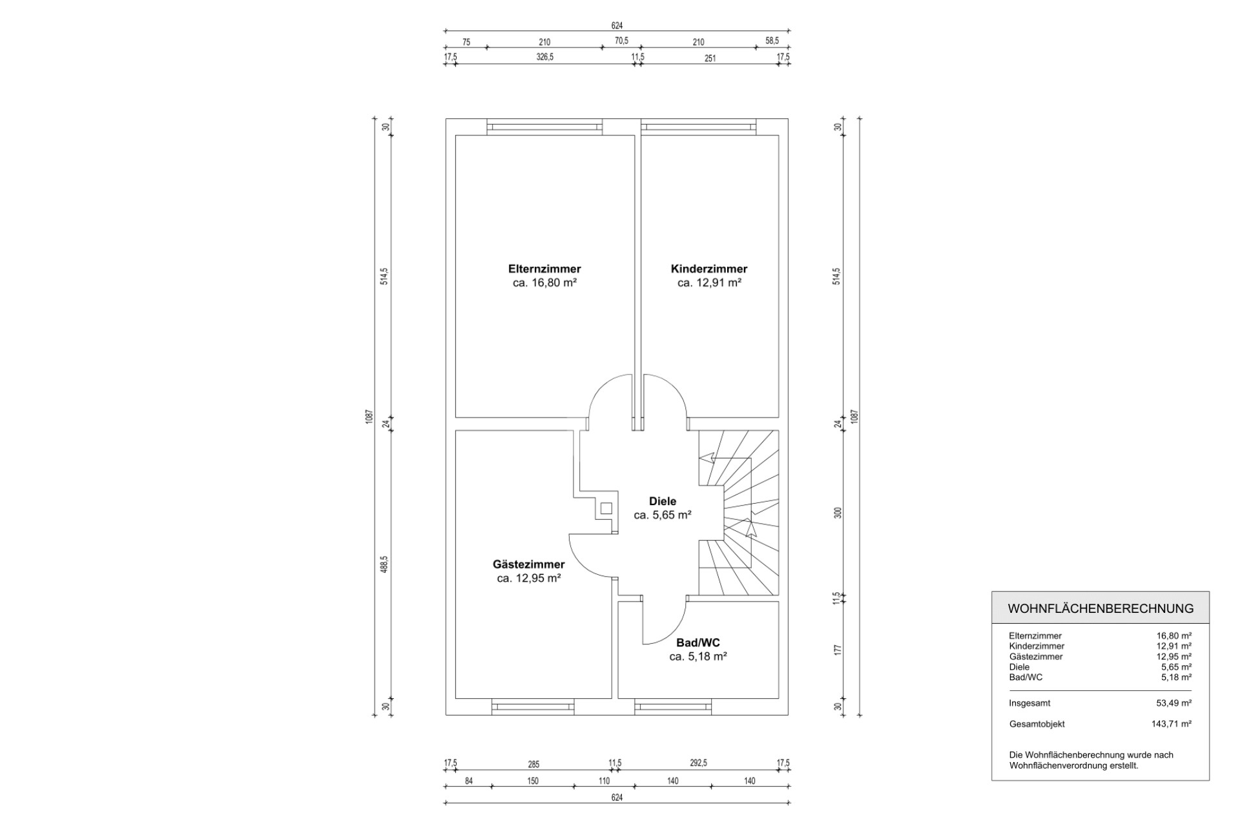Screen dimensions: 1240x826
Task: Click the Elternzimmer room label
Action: click(544, 269)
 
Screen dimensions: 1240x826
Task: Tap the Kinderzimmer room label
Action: click(709, 269)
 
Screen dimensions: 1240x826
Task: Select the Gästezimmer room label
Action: click(528, 564)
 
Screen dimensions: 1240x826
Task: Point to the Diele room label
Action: click(663, 501)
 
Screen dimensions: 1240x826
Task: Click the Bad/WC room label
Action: click(698, 643)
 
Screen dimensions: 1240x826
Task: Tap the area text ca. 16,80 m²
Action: click(544, 283)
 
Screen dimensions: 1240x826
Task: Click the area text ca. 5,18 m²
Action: click(698, 657)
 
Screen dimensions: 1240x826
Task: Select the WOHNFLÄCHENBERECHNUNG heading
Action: click(1100, 608)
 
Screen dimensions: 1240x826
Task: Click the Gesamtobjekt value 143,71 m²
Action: click(1171, 724)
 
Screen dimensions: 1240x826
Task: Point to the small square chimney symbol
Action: click(606, 509)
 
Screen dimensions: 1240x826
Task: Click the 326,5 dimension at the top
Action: click(544, 57)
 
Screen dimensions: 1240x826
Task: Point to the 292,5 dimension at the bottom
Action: click(698, 763)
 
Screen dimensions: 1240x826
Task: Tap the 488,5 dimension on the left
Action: click(384, 565)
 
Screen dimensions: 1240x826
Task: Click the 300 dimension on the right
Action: click(838, 513)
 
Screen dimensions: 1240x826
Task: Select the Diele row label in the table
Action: click(1019, 667)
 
